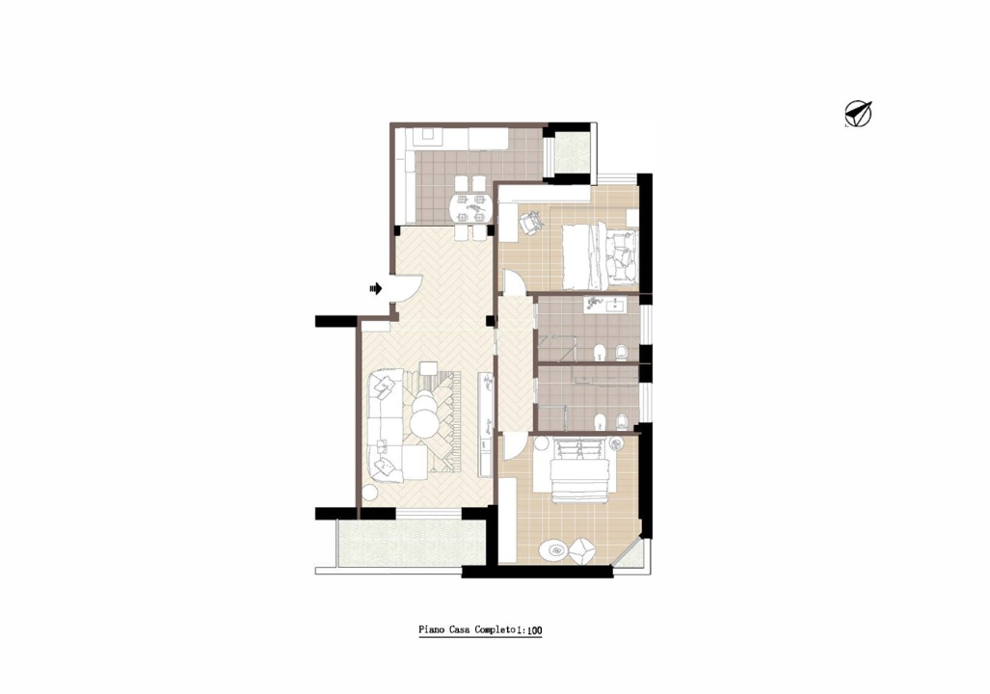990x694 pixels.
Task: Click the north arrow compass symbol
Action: pos(857,114)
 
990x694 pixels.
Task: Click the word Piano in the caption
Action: pos(430,630)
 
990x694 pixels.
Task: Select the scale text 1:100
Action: pos(530,631)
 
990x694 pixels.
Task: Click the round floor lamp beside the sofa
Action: pos(369,493)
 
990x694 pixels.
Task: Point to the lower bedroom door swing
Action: pos(512,448)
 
